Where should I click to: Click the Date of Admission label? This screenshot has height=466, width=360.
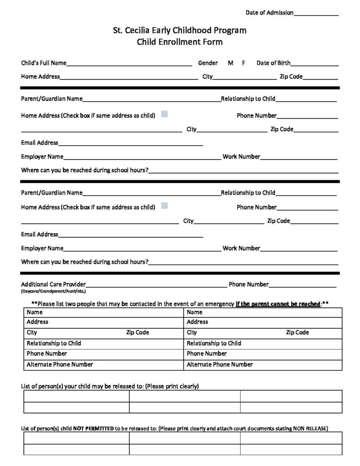269,13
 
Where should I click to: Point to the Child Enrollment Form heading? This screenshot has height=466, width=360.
180,42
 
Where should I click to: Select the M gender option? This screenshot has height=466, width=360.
231,63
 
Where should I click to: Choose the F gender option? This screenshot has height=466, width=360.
244,63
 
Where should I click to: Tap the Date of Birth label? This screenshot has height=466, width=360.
274,63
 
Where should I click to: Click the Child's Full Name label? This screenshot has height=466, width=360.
44,63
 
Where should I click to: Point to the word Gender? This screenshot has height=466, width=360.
208,63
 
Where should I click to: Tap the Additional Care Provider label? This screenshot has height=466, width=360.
53,284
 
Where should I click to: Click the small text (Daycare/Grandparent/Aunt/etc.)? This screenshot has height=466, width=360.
53,291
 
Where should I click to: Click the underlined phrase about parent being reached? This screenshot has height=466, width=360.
278,304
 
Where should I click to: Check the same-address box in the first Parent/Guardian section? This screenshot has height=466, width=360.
164,114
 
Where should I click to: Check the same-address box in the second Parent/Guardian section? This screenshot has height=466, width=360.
164,206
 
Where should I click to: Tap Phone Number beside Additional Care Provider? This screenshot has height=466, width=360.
248,284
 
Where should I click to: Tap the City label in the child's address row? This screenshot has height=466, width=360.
208,76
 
